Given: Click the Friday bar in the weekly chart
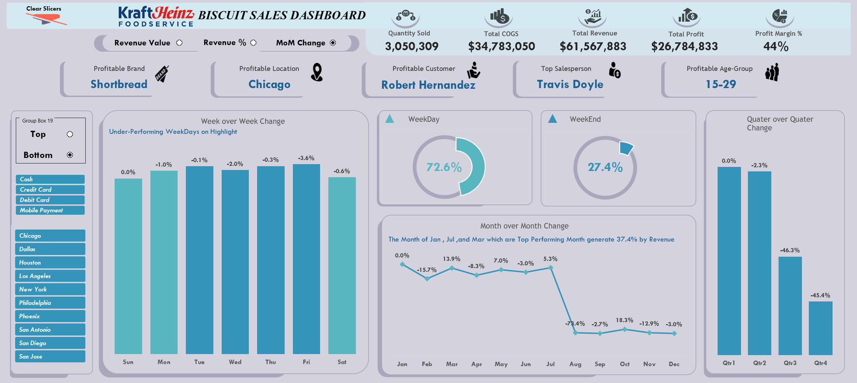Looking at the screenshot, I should [x=306, y=259].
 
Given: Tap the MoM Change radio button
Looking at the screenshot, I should [x=333, y=43].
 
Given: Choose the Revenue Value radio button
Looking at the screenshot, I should [x=179, y=43].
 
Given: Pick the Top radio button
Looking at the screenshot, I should [x=70, y=134].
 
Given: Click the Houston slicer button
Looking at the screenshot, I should [x=50, y=262].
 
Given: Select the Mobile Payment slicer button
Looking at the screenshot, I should [x=50, y=210].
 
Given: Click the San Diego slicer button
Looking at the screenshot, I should [x=50, y=343].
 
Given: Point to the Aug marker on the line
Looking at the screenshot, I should [x=575, y=333].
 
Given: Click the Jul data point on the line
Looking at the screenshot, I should [x=550, y=267].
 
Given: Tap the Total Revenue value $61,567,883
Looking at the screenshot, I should [x=593, y=46].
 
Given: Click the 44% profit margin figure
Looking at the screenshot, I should [x=776, y=47].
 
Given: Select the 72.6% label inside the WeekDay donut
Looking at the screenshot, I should [x=444, y=167].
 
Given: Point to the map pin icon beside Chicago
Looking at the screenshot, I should [x=317, y=72].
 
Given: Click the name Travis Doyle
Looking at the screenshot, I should [x=570, y=85].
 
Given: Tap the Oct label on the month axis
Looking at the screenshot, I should [x=624, y=364].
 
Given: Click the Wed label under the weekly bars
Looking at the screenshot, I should [x=235, y=362].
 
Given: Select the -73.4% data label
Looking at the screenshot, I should [x=575, y=324].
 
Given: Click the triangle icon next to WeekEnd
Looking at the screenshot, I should [x=552, y=119].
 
